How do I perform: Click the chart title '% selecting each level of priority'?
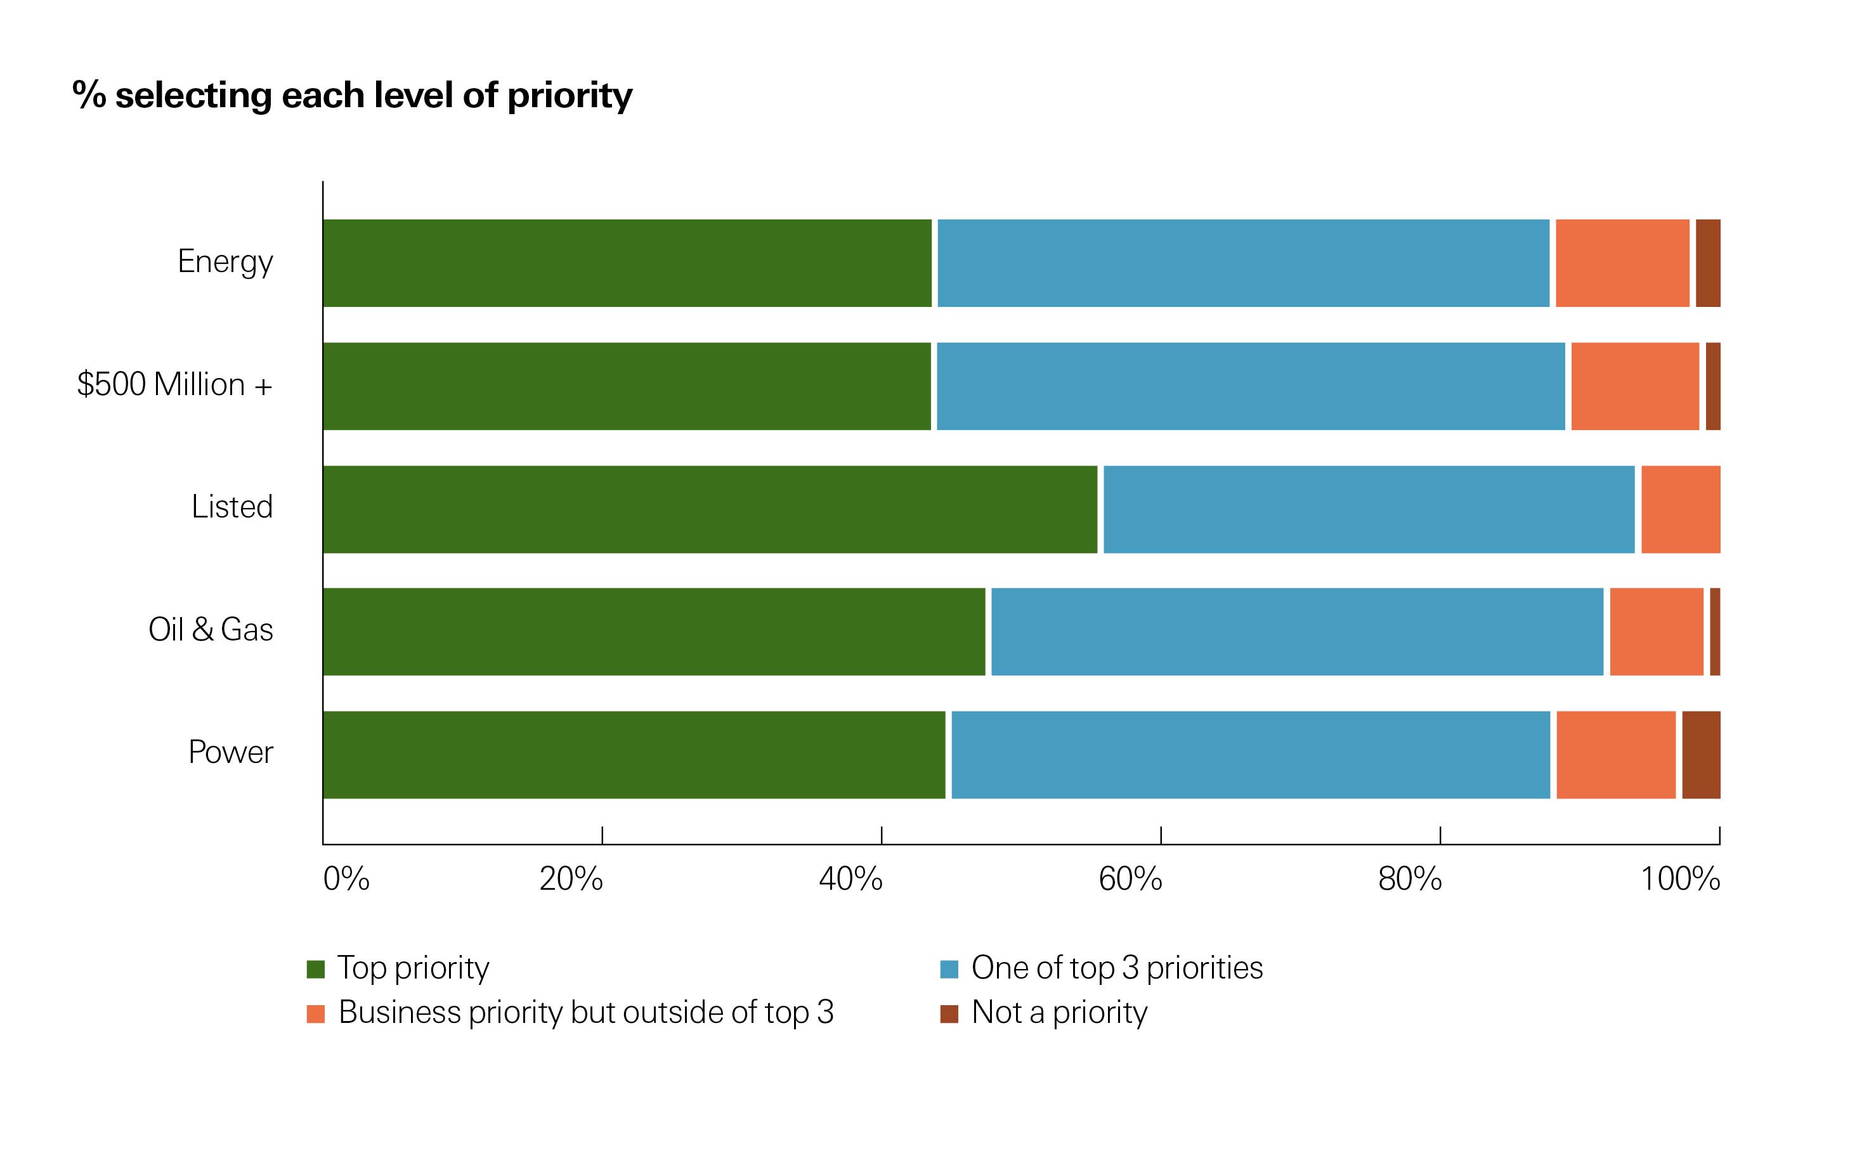352,96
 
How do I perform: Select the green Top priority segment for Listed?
710,509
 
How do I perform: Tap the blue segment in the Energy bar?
1243,263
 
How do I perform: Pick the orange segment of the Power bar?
1616,755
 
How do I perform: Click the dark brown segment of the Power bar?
1701,755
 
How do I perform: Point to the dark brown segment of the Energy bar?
1707,263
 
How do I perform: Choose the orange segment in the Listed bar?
1680,509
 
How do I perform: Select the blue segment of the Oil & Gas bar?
1296,632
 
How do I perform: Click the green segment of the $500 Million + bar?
627,386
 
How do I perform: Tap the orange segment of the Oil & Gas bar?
1657,632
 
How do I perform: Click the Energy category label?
225,262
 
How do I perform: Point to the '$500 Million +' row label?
174,384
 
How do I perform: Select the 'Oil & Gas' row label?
211,630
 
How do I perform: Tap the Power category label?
230,752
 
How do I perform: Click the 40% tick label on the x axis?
850,879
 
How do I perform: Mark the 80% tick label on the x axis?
1410,879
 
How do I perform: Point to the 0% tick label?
346,879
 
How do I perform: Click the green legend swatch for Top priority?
315,969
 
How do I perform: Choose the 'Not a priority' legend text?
1059,1013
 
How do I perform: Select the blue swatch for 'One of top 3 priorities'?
949,969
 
